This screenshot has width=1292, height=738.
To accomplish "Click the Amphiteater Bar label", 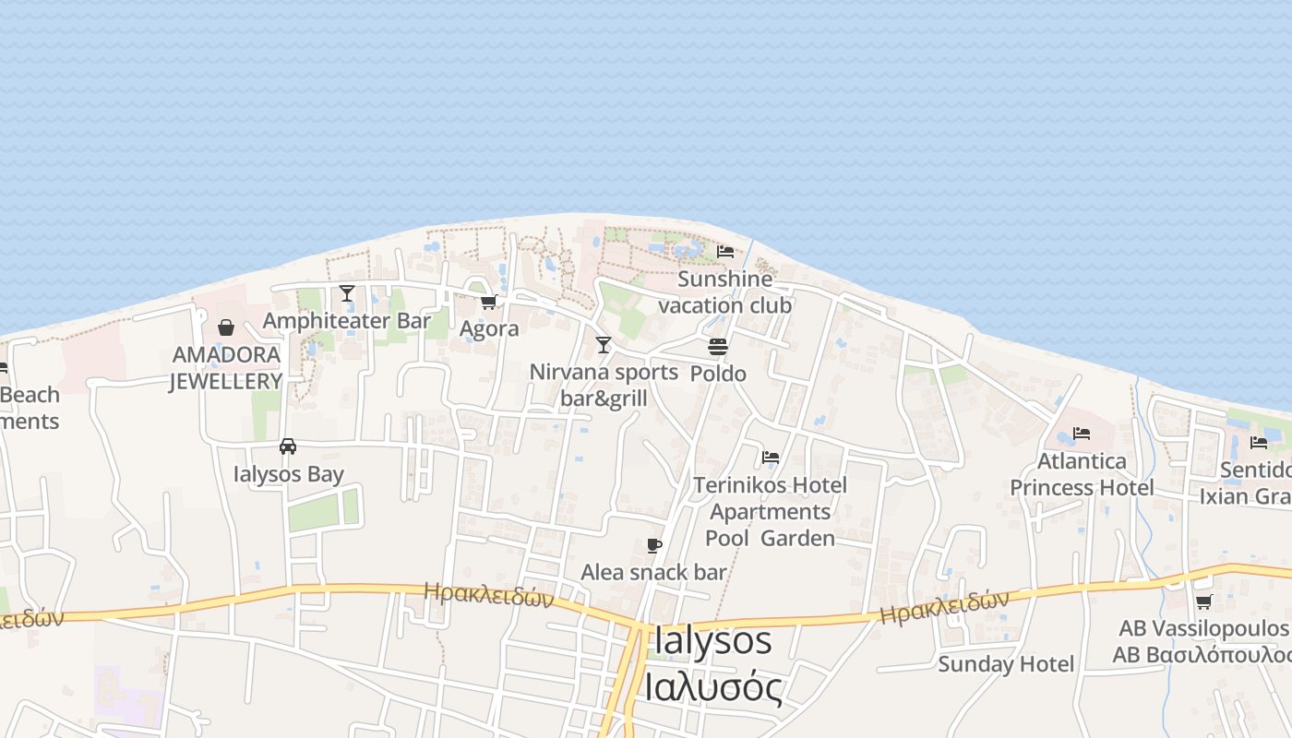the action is [347, 321].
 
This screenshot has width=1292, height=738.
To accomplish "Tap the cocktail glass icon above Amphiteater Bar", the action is [347, 293].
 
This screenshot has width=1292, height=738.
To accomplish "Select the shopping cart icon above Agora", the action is [489, 302].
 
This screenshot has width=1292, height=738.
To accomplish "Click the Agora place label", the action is [489, 328].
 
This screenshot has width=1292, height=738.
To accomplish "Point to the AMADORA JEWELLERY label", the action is [225, 368].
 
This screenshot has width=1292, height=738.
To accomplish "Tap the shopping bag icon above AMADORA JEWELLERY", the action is [226, 327].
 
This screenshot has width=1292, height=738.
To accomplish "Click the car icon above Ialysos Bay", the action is [288, 446].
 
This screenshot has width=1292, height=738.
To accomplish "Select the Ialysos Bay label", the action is [288, 474].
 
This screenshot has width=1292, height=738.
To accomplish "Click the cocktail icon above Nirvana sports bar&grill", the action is [604, 345].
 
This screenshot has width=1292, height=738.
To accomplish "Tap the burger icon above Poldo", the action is [718, 347].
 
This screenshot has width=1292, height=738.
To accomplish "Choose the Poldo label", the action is [718, 374].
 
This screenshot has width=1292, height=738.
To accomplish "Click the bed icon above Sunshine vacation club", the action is [725, 251].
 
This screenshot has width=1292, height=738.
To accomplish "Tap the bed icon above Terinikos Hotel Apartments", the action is [771, 457].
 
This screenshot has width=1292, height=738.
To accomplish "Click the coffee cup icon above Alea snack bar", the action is [653, 545].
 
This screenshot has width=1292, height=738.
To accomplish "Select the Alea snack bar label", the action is [653, 572].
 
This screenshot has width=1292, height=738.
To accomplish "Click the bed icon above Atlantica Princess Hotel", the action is [1082, 433].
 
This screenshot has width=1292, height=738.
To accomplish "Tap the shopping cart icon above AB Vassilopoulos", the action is [1203, 602].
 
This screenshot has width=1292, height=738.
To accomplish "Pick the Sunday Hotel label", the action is [1006, 664].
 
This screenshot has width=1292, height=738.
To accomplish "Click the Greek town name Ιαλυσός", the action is [713, 687].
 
